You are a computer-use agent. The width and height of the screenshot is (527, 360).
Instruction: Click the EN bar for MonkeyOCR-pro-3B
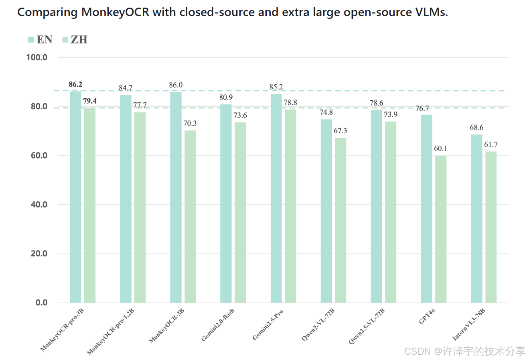(x=75, y=197)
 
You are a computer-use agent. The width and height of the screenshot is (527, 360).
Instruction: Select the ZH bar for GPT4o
(x=440, y=229)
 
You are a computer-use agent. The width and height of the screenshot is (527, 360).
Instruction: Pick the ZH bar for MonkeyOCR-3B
(x=190, y=216)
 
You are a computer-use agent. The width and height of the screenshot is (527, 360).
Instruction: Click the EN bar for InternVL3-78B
(x=476, y=218)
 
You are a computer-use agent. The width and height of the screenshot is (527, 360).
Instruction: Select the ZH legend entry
(x=75, y=39)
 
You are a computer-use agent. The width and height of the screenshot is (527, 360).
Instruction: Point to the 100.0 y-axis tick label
(x=37, y=57)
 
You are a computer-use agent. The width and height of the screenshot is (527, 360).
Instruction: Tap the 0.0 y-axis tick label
(x=41, y=303)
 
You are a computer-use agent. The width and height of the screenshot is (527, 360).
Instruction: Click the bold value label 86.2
(x=75, y=84)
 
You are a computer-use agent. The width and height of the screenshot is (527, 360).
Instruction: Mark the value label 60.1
(x=440, y=148)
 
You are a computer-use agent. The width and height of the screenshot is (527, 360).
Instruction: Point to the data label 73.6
(x=240, y=116)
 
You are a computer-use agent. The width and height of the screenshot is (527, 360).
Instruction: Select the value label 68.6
(x=476, y=128)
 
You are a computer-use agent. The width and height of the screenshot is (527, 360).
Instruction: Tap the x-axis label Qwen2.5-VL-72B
(x=366, y=327)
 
